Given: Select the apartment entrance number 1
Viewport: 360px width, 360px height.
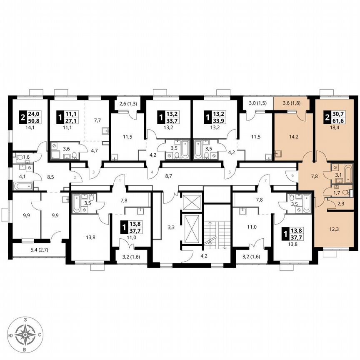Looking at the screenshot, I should pyautogui.click(x=120, y=180).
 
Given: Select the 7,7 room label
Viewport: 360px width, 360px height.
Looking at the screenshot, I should pyautogui.click(x=97, y=120).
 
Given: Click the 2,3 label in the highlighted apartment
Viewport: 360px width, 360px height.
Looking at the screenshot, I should pyautogui.click(x=340, y=204).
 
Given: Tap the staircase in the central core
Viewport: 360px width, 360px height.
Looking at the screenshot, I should pyautogui.click(x=218, y=233).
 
